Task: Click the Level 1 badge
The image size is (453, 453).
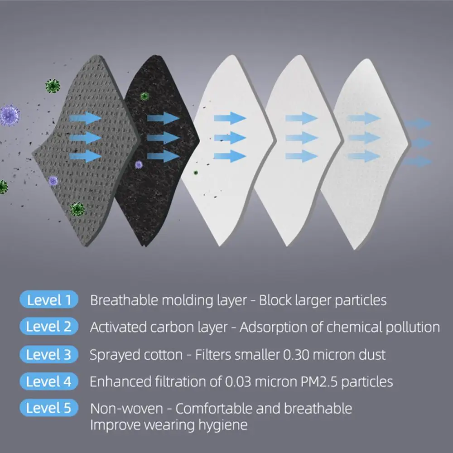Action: (x=49, y=300)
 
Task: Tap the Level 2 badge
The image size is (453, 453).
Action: (x=49, y=327)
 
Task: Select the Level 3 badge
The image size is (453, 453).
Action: (x=49, y=354)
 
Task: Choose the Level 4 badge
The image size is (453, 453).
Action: (x=49, y=381)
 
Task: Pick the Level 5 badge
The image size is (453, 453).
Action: (x=49, y=408)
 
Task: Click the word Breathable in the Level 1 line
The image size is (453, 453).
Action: (x=119, y=300)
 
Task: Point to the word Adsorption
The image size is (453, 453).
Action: (x=274, y=327)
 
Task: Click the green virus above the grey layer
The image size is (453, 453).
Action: (x=53, y=85)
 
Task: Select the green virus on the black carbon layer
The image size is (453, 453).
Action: (x=145, y=96)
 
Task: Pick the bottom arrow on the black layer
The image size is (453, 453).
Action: (x=163, y=156)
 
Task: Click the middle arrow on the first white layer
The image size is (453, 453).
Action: (x=230, y=137)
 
